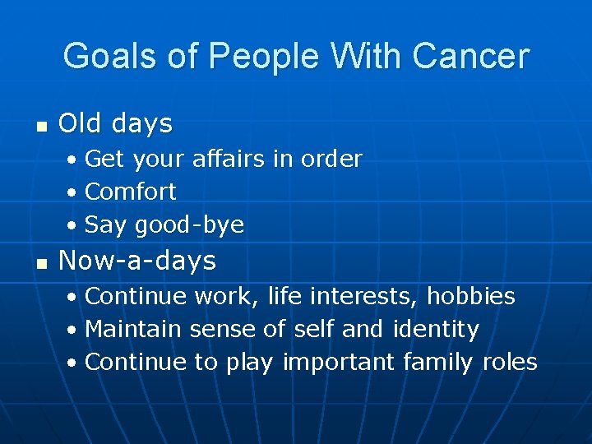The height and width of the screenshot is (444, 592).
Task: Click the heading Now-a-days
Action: [137, 261]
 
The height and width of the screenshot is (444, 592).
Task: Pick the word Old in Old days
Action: [79, 124]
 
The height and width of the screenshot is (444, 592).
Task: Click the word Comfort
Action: [130, 192]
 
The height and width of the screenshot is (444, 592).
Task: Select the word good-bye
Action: [189, 225]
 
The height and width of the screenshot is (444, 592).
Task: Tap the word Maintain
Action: [133, 330]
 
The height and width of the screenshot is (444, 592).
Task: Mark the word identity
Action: [436, 330]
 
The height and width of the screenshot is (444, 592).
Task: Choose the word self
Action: [313, 330]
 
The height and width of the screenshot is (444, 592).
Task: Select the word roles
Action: [510, 363]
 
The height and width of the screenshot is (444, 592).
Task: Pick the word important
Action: [338, 363]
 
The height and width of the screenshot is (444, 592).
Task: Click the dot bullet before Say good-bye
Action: [72, 225]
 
